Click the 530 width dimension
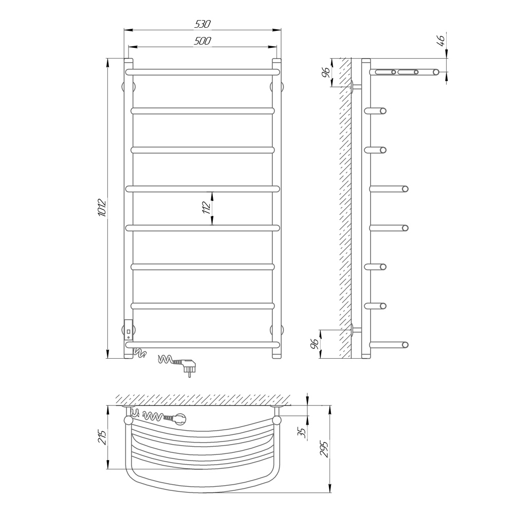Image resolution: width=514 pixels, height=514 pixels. [203, 24]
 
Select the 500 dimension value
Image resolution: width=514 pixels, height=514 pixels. [203, 41]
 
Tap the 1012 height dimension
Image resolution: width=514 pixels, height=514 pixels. [102, 208]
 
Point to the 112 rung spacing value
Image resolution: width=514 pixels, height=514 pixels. [206, 208]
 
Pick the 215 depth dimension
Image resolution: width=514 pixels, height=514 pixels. [102, 437]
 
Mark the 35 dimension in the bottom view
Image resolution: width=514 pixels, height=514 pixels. [303, 433]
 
